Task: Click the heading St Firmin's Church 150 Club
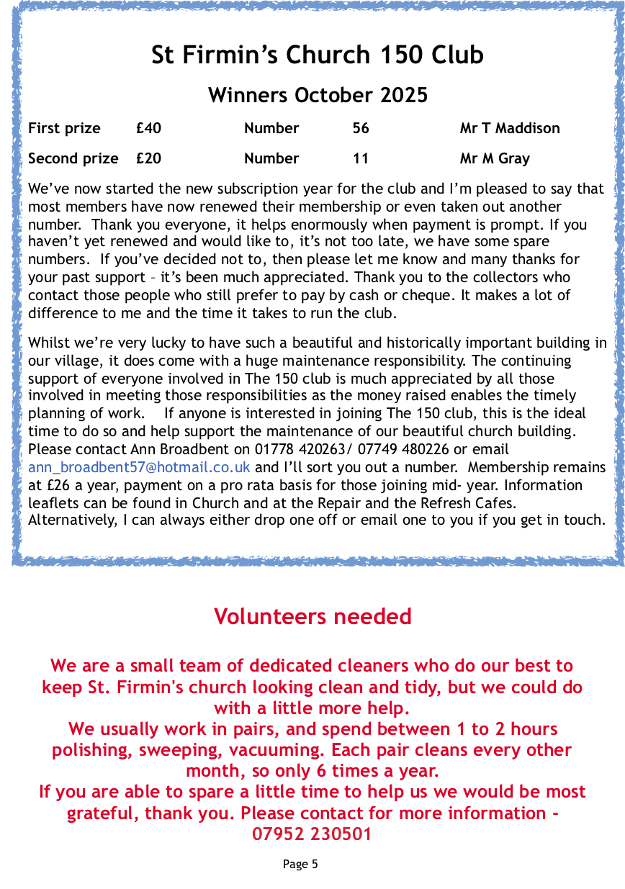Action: click(x=318, y=55)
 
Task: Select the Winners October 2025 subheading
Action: click(x=318, y=95)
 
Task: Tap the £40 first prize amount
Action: click(x=148, y=129)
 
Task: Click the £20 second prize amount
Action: click(x=148, y=158)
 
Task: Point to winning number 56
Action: click(x=361, y=129)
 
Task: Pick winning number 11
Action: click(x=361, y=158)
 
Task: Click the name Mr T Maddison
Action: click(x=510, y=129)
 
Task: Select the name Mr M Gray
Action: click(x=495, y=158)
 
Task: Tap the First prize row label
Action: click(x=64, y=129)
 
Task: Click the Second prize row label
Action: click(x=73, y=158)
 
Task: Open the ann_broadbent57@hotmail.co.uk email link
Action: click(x=139, y=467)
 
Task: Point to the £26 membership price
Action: click(x=61, y=485)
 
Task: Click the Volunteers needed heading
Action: click(x=312, y=617)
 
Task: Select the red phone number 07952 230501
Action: click(x=312, y=834)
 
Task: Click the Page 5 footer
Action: click(x=300, y=864)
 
